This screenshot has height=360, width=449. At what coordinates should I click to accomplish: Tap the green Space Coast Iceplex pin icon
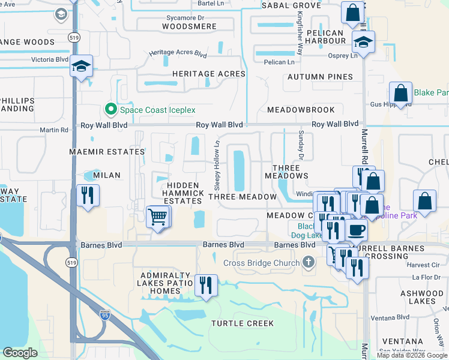pyautogui.click(x=110, y=109)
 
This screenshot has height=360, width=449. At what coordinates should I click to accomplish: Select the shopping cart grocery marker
pyautogui.click(x=157, y=216)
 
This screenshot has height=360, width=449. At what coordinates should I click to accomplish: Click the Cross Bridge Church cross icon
pyautogui.click(x=309, y=262)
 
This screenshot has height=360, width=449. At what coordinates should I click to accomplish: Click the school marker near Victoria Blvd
pyautogui.click(x=80, y=66)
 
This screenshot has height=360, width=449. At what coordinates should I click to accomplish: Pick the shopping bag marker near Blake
pyautogui.click(x=400, y=94)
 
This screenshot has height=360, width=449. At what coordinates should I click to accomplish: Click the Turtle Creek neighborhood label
pyautogui.click(x=243, y=323)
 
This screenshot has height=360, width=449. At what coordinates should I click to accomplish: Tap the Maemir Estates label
pyautogui.click(x=107, y=152)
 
